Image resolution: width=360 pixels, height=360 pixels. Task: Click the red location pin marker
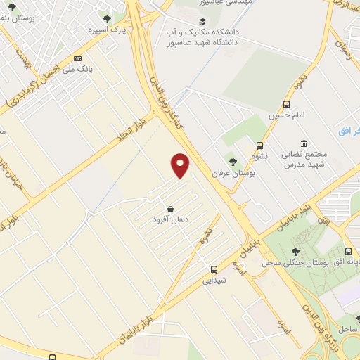[181, 165]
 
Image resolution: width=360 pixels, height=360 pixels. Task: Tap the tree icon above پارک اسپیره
[107, 19]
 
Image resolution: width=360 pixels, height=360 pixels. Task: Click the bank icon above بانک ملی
[77, 58]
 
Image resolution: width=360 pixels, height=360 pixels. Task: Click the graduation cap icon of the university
[203, 21]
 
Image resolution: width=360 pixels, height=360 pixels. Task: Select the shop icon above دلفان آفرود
[172, 209]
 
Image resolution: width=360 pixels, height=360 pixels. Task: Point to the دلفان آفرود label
[172, 220]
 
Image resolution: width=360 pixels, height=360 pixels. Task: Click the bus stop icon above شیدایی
[214, 269]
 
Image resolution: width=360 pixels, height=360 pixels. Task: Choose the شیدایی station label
[214, 280]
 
